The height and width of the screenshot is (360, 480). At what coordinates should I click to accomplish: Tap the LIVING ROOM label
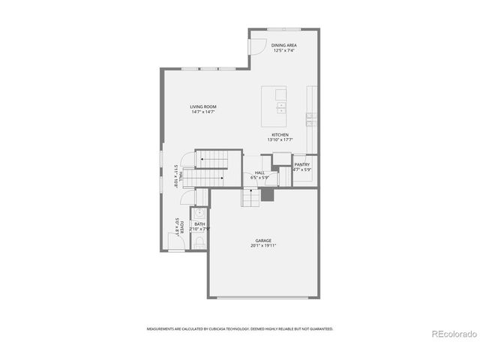(x=202, y=106)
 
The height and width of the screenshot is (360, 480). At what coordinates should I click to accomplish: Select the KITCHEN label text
(x=280, y=135)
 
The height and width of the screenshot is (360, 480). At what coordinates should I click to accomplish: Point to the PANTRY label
(x=301, y=164)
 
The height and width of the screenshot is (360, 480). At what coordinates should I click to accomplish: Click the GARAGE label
(x=263, y=241)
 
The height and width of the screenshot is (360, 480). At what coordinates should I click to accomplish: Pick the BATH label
(x=199, y=223)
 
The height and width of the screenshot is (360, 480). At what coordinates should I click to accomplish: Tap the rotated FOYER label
(x=181, y=224)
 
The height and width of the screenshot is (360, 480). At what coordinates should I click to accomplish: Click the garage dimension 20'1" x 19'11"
(x=263, y=246)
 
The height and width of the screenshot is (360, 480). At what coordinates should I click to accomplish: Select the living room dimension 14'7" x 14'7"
(x=202, y=112)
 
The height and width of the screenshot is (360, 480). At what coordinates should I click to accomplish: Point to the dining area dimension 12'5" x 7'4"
(x=283, y=51)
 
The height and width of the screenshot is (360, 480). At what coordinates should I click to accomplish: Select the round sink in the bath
(x=199, y=212)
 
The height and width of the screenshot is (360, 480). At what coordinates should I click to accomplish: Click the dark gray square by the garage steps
(x=267, y=194)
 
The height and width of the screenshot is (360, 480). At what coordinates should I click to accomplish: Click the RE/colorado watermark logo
(x=453, y=334)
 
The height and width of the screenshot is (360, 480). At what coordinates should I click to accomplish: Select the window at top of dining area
(x=284, y=29)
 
